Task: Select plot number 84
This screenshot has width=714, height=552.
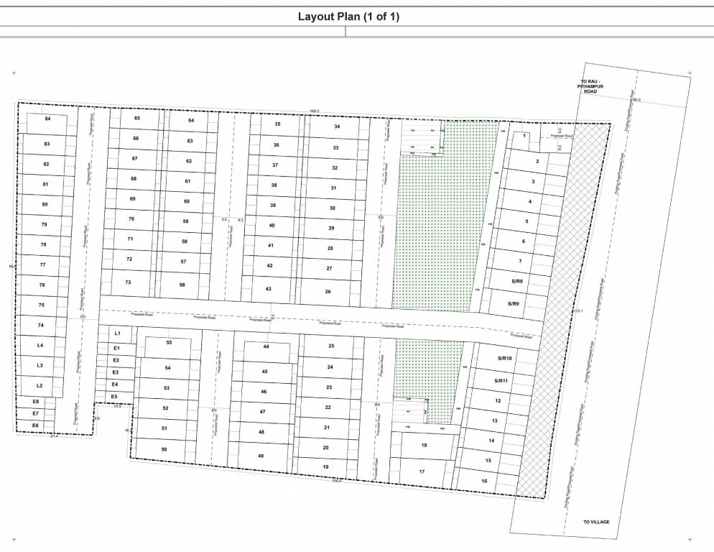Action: click(48, 119)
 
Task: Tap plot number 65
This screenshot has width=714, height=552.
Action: click(136, 118)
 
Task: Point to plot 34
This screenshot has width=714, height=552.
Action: click(337, 126)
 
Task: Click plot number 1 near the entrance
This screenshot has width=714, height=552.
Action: click(525, 136)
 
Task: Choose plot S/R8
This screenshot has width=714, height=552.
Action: click(517, 281)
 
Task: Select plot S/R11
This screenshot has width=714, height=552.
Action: click(501, 381)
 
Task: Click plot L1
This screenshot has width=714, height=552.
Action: click(117, 334)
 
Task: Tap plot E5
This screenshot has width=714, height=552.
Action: click(113, 396)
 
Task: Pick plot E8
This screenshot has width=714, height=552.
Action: click(36, 401)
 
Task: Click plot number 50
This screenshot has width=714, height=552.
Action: click(164, 449)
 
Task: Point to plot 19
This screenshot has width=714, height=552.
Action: click(325, 466)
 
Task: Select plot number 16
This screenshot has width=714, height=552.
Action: click(485, 481)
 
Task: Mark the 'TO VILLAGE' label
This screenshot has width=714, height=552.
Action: click(595, 522)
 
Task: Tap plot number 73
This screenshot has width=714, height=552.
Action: click(128, 282)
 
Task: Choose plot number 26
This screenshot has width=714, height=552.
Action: click(328, 292)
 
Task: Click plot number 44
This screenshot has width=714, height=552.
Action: click(266, 346)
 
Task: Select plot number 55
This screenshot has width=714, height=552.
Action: click(169, 343)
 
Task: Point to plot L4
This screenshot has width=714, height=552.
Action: click(40, 346)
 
